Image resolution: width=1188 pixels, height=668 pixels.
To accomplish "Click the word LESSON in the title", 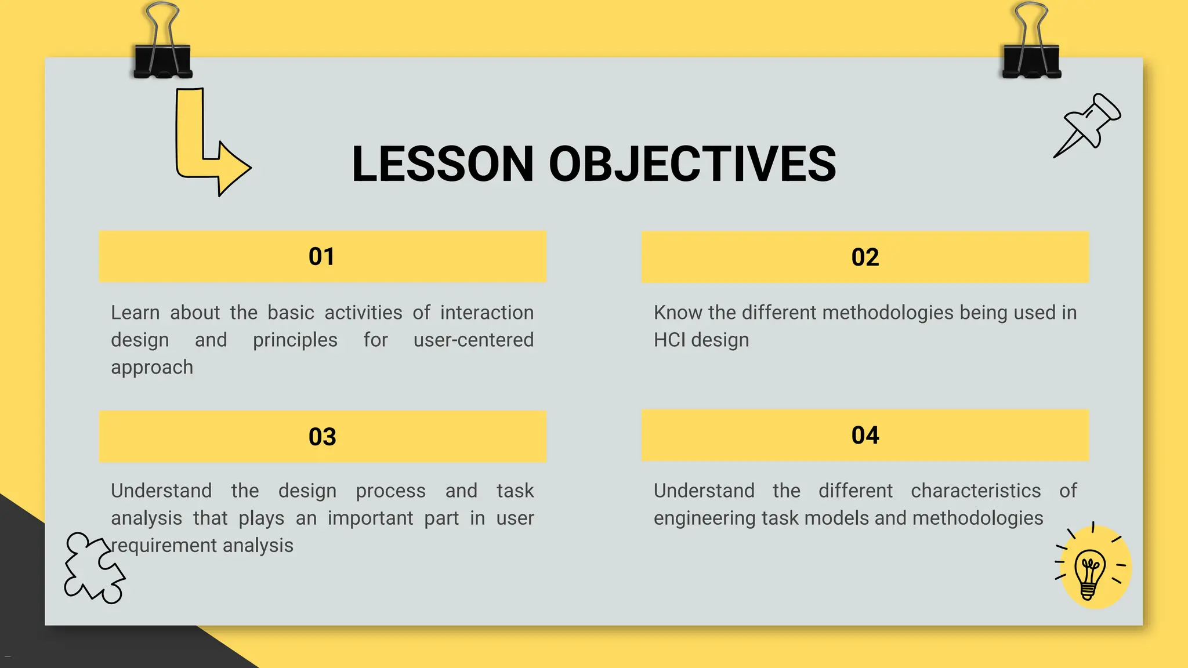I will click(442, 164).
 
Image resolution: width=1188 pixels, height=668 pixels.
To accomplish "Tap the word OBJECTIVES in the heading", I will click(692, 164).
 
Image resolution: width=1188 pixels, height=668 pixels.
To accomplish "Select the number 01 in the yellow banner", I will click(321, 257).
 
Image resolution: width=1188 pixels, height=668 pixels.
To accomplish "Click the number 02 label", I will click(865, 257).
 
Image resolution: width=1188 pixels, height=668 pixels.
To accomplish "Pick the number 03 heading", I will click(322, 437).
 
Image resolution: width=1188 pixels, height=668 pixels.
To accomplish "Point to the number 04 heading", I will click(865, 435).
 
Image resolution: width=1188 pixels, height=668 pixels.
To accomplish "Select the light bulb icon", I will click(1090, 571).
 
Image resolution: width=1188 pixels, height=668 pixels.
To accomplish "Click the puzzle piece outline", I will click(93, 568).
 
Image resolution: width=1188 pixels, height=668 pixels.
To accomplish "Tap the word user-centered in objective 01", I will click(473, 340).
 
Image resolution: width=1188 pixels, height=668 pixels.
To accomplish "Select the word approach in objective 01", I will click(152, 368).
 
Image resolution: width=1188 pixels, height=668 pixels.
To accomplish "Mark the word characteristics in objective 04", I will click(976, 491).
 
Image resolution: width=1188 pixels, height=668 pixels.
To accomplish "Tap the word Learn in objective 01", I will click(135, 313).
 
